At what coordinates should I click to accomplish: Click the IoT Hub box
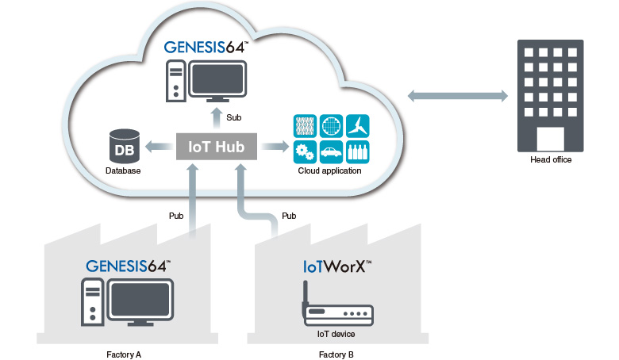[x=216, y=147]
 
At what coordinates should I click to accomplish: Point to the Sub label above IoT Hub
[x=234, y=117]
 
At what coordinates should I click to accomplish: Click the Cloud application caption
[x=329, y=170]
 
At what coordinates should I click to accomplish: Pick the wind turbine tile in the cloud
[x=357, y=125]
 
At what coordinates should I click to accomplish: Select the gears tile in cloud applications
[x=304, y=151]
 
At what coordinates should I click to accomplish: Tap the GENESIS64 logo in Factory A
[x=128, y=266]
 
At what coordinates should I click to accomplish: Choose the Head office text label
[x=550, y=159]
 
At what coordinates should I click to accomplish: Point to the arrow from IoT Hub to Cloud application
[x=275, y=147]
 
